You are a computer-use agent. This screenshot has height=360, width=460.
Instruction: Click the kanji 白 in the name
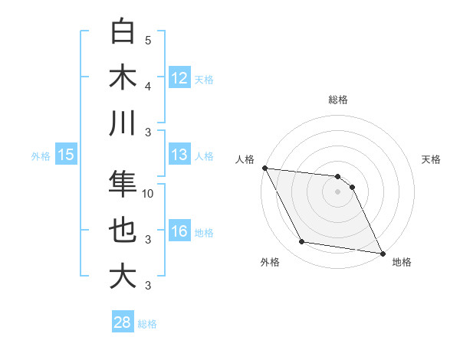123,31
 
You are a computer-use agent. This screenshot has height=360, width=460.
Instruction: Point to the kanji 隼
123,184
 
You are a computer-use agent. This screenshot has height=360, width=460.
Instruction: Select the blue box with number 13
179,155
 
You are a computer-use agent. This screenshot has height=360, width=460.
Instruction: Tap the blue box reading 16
179,231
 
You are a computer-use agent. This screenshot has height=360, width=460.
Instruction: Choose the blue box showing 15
66,155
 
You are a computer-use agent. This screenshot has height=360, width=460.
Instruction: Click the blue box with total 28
123,322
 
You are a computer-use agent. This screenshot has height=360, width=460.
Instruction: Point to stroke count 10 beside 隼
148,194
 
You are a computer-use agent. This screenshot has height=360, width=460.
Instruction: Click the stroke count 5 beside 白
148,40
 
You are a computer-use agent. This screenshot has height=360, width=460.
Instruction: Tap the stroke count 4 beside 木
148,86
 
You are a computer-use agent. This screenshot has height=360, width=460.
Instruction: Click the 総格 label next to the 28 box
147,324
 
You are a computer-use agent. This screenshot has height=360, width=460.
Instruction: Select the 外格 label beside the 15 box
41,156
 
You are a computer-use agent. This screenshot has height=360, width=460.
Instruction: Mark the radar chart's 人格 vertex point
264,168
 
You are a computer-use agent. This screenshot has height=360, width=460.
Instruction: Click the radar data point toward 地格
382,253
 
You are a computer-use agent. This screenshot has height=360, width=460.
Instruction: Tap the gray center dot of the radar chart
337,191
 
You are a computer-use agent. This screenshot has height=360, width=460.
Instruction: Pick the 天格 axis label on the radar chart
432,159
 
